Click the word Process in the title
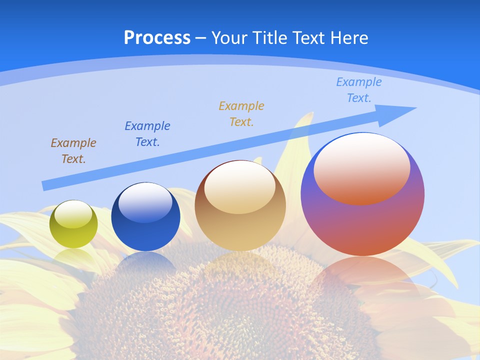pos(157,38)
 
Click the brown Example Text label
pos(73,151)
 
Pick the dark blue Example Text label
pos(147,134)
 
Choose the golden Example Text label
pos(241,114)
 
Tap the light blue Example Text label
pos(359,90)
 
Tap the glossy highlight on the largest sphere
pos(362,167)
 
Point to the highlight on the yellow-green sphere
pos(73,214)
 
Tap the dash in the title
pos(201,38)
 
